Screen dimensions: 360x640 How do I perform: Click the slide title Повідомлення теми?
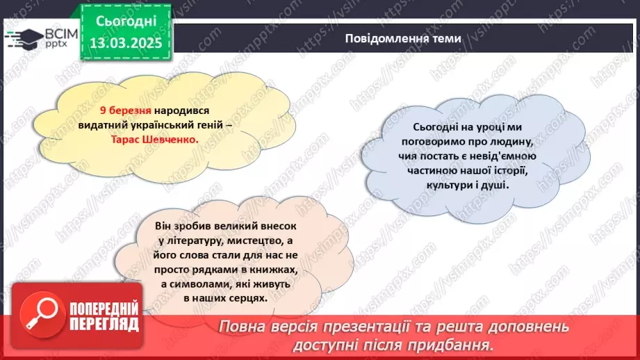click(402, 39)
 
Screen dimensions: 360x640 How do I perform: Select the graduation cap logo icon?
click(22, 36)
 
